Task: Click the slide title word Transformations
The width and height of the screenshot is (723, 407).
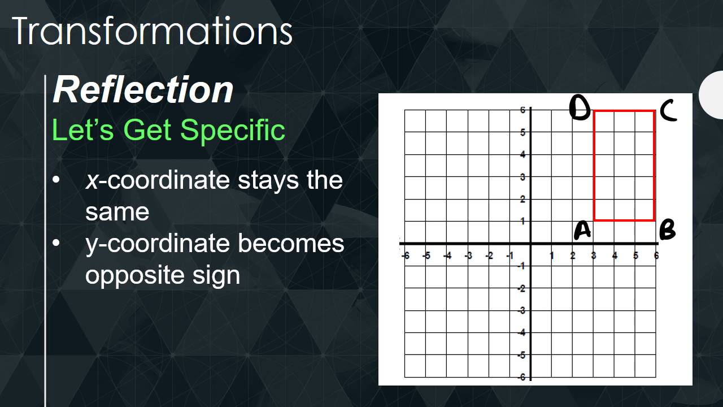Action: pyautogui.click(x=152, y=32)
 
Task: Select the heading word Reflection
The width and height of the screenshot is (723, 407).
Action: pyautogui.click(x=143, y=89)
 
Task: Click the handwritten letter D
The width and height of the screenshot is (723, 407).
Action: pyautogui.click(x=580, y=108)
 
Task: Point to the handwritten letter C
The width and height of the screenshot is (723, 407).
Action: pyautogui.click(x=668, y=110)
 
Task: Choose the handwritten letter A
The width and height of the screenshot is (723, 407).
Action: pyautogui.click(x=582, y=231)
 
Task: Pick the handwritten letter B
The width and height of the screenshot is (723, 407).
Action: pyautogui.click(x=667, y=230)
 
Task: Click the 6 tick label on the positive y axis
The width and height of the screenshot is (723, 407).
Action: pyautogui.click(x=523, y=110)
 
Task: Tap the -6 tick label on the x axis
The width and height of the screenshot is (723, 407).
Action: pyautogui.click(x=405, y=256)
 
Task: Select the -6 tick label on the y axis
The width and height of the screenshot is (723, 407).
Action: pyautogui.click(x=522, y=377)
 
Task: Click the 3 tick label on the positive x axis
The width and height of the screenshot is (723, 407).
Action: pyautogui.click(x=594, y=256)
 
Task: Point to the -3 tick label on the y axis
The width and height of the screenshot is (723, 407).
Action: pyautogui.click(x=522, y=310)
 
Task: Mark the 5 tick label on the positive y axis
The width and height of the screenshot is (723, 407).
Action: pyautogui.click(x=523, y=132)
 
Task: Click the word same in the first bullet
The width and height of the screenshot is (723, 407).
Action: pyautogui.click(x=117, y=212)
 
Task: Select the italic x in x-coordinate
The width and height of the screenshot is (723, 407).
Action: pyautogui.click(x=93, y=180)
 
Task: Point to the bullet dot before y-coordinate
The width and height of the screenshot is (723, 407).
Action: pyautogui.click(x=55, y=243)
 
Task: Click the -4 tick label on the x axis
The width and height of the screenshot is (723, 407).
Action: pyautogui.click(x=447, y=256)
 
